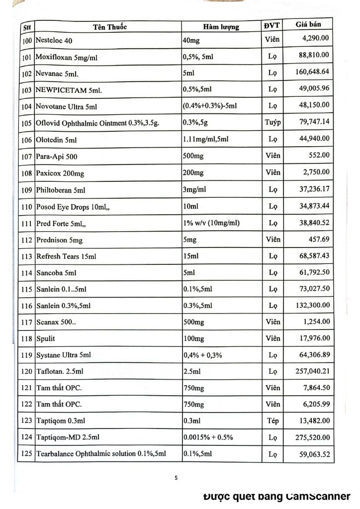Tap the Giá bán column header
pos(306,25)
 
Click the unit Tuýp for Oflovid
pos(271,122)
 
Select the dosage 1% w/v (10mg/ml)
pos(211,223)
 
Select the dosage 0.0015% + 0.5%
pos(208,437)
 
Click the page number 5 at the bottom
pos(176,478)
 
